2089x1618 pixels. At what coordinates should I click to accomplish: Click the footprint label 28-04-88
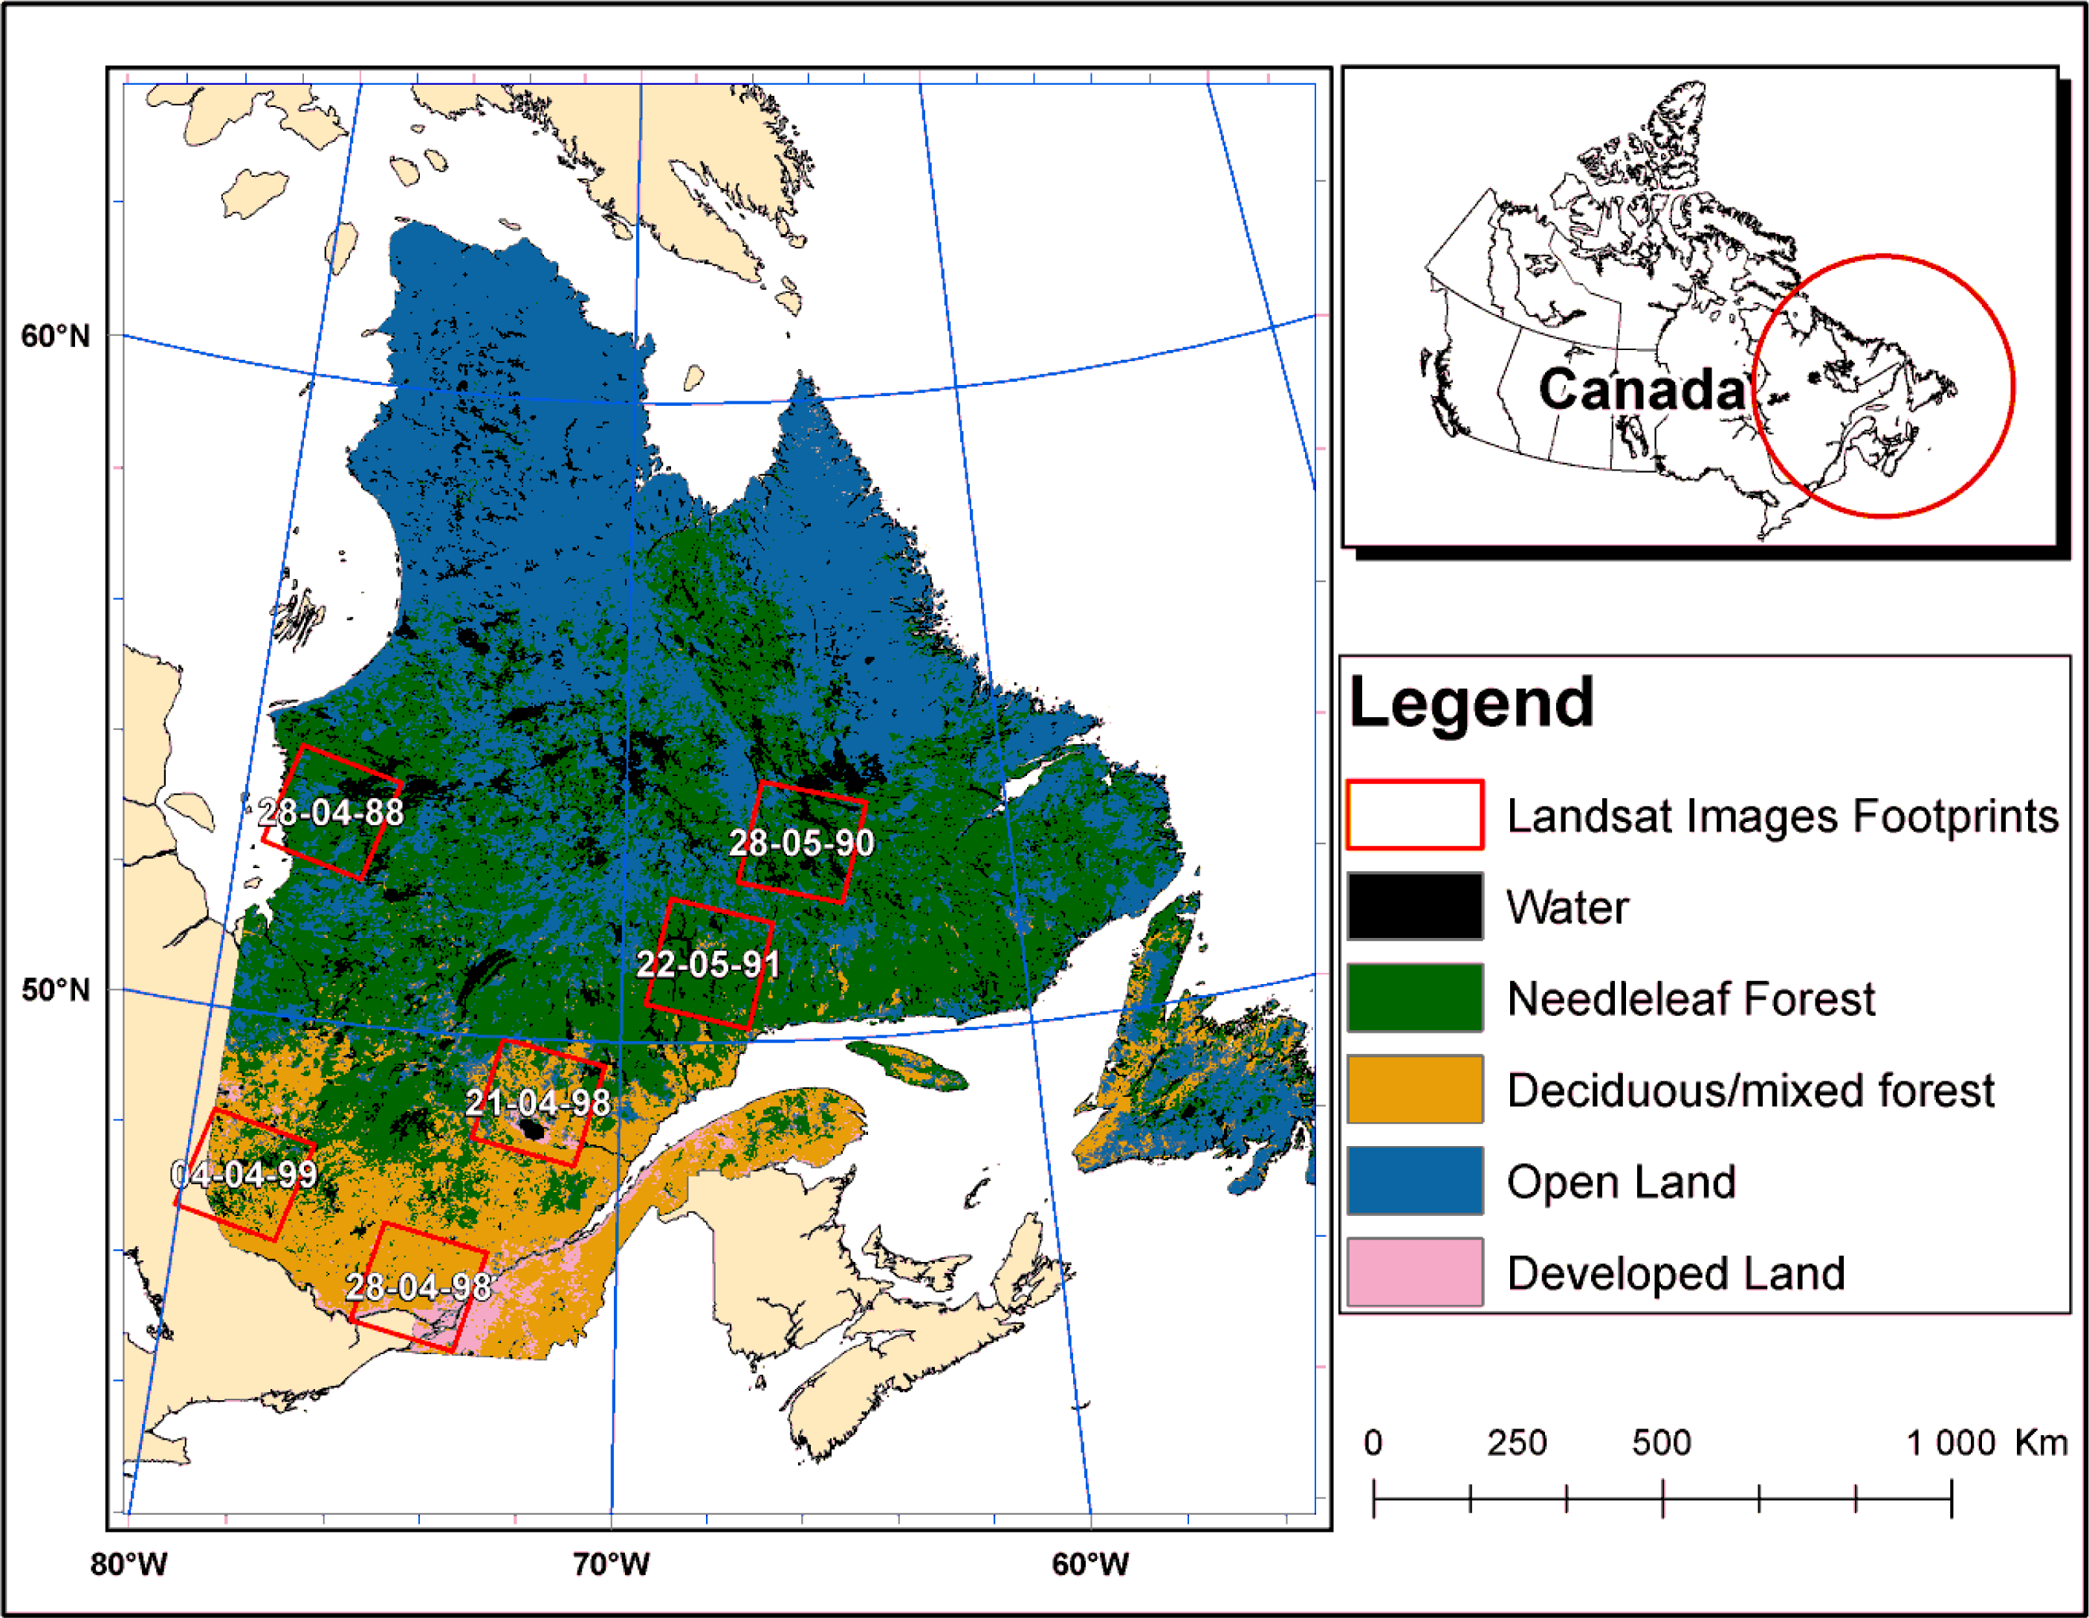pyautogui.click(x=331, y=812)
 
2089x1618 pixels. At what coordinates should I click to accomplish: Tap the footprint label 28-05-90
pyautogui.click(x=802, y=843)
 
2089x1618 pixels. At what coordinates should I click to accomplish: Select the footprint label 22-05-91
pyautogui.click(x=707, y=963)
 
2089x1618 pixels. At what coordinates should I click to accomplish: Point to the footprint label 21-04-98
pyautogui.click(x=537, y=1102)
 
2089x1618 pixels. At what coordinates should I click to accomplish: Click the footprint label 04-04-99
pyautogui.click(x=244, y=1174)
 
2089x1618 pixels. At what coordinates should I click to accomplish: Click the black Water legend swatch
pyautogui.click(x=1415, y=906)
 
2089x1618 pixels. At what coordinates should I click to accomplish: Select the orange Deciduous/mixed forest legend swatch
pyautogui.click(x=1415, y=1089)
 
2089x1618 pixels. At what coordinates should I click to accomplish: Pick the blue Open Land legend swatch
pyautogui.click(x=1415, y=1181)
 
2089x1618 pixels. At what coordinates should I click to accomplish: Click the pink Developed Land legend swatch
pyautogui.click(x=1415, y=1272)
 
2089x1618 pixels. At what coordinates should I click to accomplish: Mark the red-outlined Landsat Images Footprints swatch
pyautogui.click(x=1415, y=815)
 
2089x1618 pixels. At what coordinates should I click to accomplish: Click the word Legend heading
pyautogui.click(x=1471, y=703)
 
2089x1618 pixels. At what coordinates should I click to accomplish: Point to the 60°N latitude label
pyautogui.click(x=56, y=337)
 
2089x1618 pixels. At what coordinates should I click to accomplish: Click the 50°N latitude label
pyautogui.click(x=56, y=990)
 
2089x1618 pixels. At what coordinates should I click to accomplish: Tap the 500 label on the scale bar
pyautogui.click(x=1662, y=1443)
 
